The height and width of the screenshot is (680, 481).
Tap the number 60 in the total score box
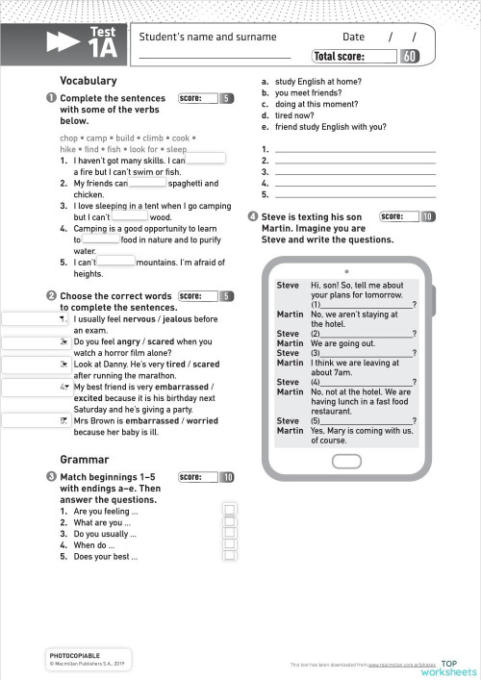[410, 57]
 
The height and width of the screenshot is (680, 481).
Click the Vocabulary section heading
[89, 81]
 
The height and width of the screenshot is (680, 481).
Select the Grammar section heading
[85, 460]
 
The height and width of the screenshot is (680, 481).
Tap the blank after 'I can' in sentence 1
[206, 160]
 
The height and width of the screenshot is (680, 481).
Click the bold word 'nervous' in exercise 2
[137, 318]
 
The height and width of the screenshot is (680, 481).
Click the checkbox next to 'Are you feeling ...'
[229, 510]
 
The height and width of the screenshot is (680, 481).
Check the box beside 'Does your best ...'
[229, 555]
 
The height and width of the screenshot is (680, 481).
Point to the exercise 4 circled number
[252, 217]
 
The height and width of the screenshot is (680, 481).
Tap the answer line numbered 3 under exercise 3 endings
[354, 172]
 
